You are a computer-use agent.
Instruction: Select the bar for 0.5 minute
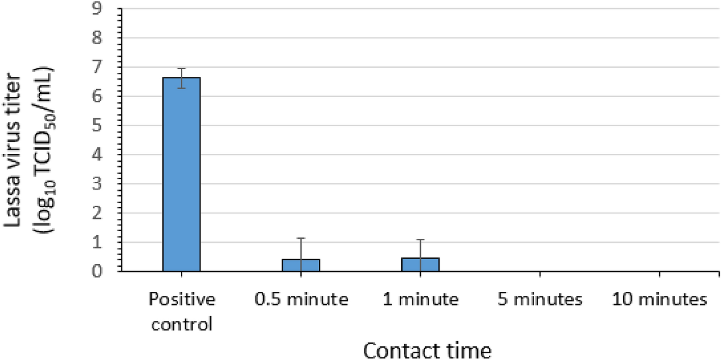[301, 265]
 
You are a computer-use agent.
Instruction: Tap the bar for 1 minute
[420, 265]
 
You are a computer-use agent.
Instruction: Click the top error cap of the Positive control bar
[181, 69]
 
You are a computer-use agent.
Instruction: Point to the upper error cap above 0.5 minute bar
[301, 238]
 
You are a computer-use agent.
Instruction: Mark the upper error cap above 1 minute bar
[420, 239]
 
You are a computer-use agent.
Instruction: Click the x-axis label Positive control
[181, 311]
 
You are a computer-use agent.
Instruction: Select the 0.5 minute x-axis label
[301, 299]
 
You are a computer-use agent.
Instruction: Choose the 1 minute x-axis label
[421, 299]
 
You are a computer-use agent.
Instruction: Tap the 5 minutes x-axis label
[540, 299]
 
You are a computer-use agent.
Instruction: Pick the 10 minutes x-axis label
[659, 299]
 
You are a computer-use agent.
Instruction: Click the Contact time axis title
[428, 350]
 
